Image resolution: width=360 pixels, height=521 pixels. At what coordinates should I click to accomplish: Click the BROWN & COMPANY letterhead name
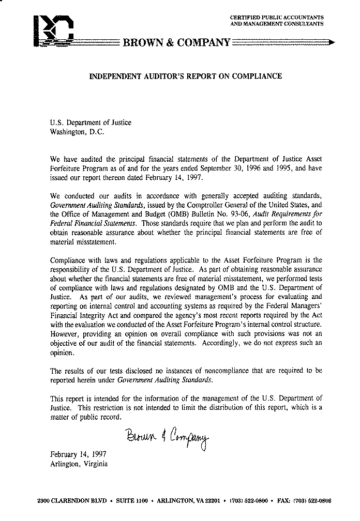(176, 43)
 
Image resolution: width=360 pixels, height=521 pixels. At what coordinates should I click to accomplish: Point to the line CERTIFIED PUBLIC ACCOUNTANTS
(277, 18)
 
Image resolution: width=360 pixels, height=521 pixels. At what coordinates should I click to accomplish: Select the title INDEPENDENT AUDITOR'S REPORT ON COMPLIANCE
(186, 76)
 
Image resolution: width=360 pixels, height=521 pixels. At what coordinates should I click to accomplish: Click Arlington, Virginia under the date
(79, 464)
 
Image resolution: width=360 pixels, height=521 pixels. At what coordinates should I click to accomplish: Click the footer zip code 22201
(212, 501)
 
